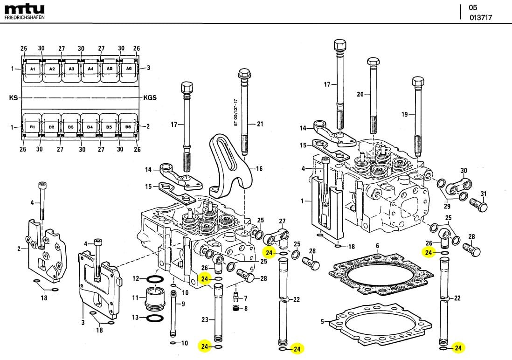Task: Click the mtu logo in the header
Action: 24,9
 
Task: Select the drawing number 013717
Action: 481,18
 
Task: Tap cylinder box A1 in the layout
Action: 32,69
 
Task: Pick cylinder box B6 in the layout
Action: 129,127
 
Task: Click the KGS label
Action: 150,98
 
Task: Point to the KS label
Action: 13,98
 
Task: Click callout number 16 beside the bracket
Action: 259,169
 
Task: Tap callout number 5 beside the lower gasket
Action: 322,321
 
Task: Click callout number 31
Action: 484,194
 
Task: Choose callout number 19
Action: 404,114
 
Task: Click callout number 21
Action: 260,124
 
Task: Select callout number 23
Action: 204,319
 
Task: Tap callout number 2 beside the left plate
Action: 19,249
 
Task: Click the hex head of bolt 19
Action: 418,83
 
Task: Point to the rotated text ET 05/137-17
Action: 236,114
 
